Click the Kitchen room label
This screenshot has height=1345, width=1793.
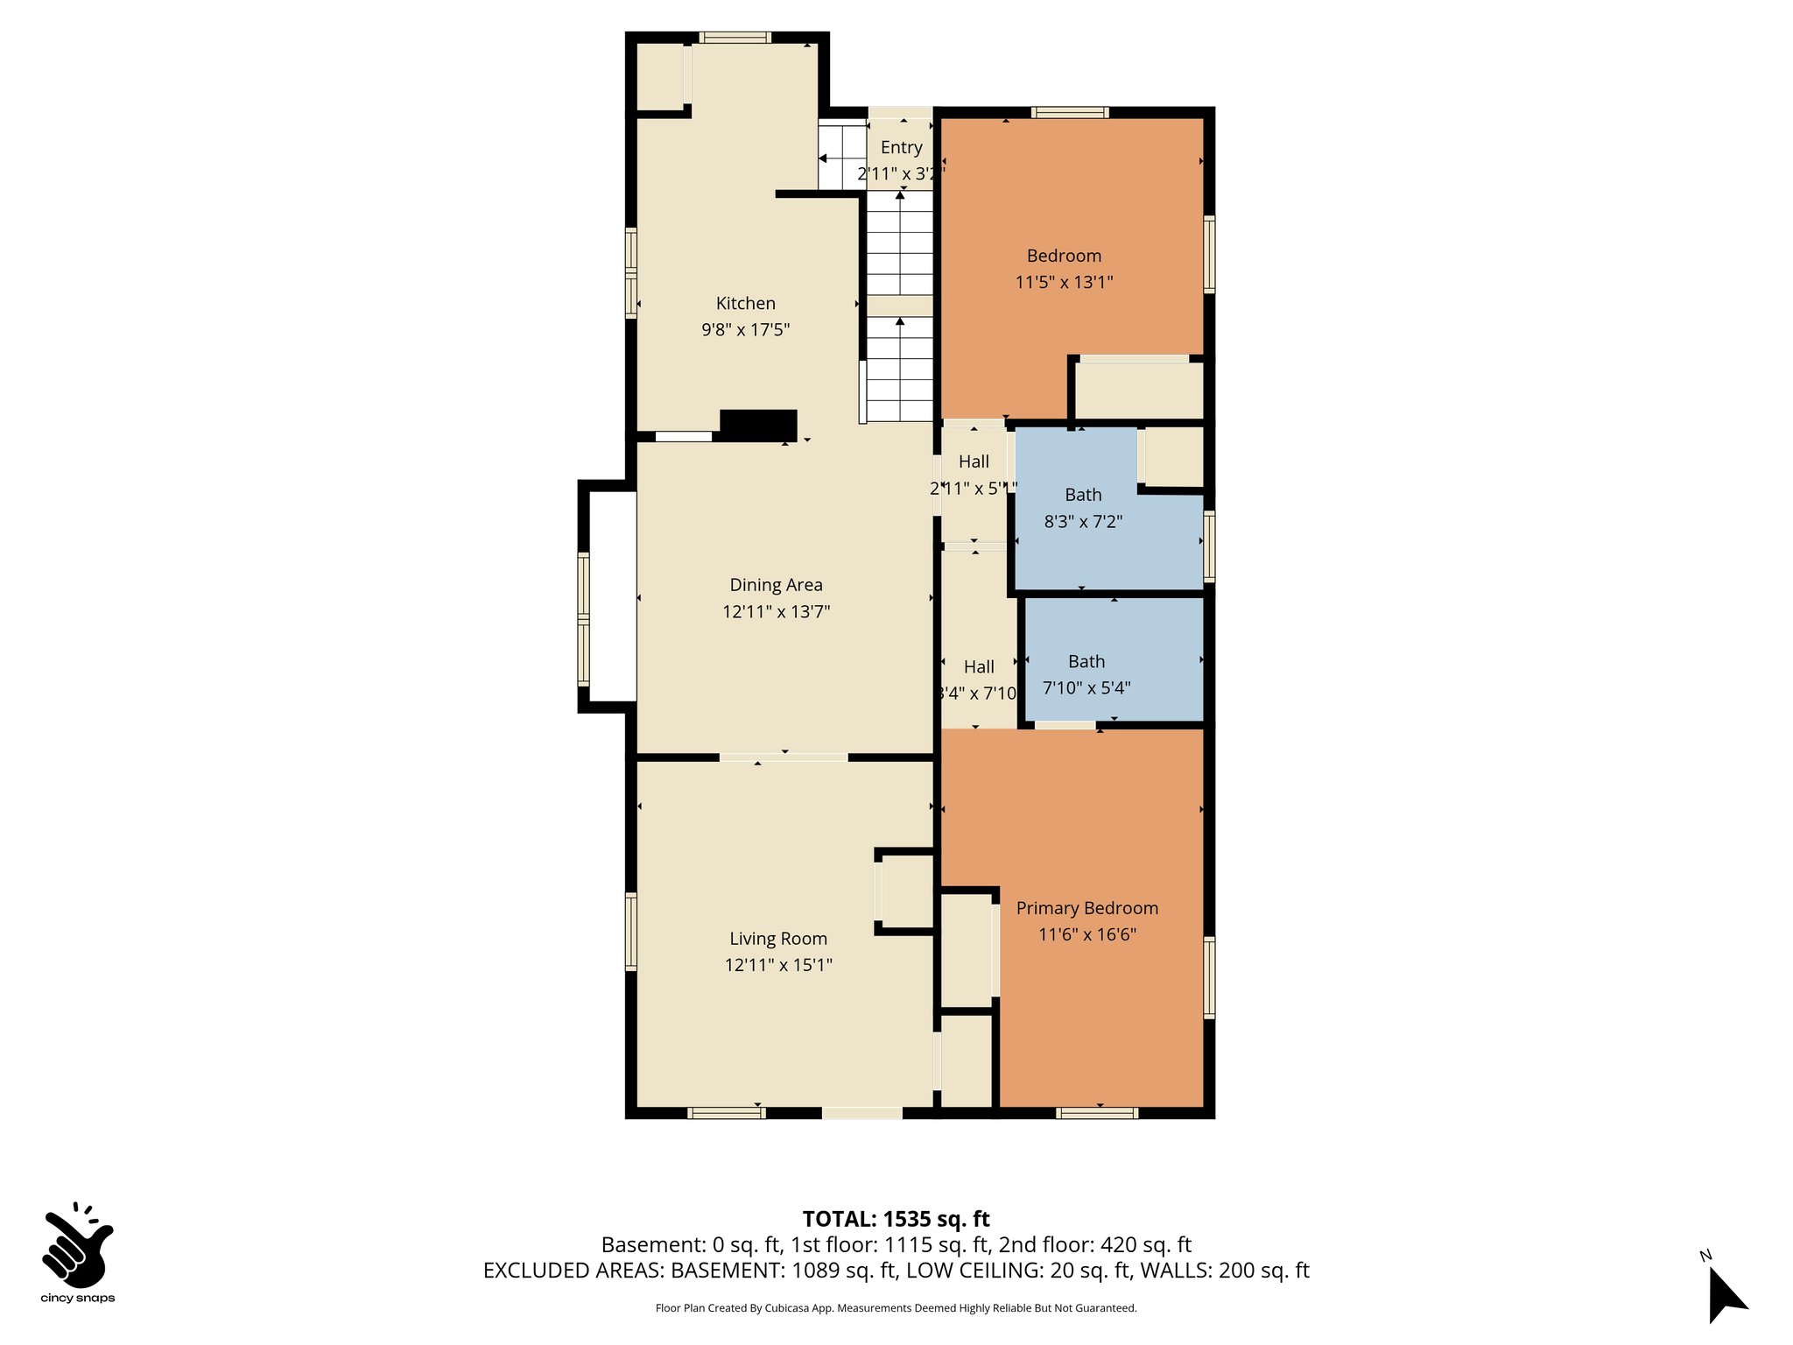pyautogui.click(x=745, y=303)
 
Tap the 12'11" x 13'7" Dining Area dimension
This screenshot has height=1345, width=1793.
pyautogui.click(x=776, y=611)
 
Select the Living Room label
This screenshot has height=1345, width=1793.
pyautogui.click(x=778, y=939)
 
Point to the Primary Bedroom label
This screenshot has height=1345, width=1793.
pyautogui.click(x=1086, y=908)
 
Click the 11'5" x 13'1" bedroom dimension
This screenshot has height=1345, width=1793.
pyautogui.click(x=1064, y=282)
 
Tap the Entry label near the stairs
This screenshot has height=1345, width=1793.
pyautogui.click(x=901, y=147)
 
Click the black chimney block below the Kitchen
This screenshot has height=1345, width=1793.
pyautogui.click(x=758, y=425)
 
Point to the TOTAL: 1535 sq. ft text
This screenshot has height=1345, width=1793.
pyautogui.click(x=896, y=1219)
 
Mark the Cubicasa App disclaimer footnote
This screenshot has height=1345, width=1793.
pyautogui.click(x=896, y=1308)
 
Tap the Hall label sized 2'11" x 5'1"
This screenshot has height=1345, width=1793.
pyautogui.click(x=974, y=461)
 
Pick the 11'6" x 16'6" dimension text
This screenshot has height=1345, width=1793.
pyautogui.click(x=1086, y=934)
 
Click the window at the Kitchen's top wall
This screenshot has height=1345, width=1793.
pyautogui.click(x=735, y=38)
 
